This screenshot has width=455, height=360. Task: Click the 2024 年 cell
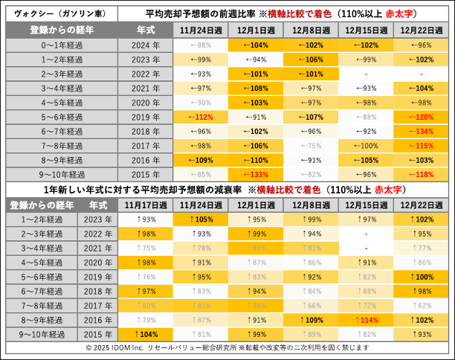coord(145,45)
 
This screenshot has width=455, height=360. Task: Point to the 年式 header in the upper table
coord(145,30)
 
